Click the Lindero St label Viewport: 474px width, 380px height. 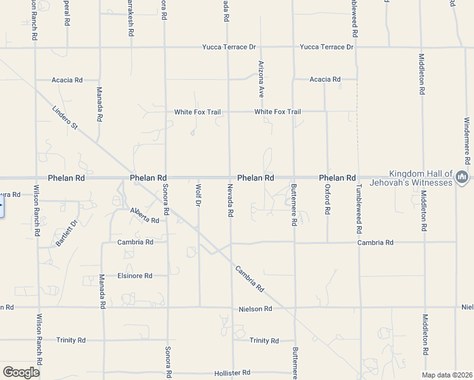[x=65, y=118]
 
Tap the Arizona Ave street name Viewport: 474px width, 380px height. [x=260, y=79]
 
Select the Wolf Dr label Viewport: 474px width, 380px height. [x=198, y=195]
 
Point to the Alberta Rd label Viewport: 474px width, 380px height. [x=144, y=215]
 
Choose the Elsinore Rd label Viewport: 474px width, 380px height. [x=135, y=275]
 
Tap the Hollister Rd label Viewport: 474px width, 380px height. [x=233, y=372]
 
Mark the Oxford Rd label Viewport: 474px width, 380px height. [x=328, y=199]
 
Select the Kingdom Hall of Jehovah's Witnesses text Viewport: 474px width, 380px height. [x=421, y=178]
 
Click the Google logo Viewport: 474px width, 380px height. [x=21, y=372]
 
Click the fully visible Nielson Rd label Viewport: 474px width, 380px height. [x=255, y=308]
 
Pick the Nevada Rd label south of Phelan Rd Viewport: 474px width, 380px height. [x=230, y=201]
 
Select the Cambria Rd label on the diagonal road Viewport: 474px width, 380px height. [x=249, y=277]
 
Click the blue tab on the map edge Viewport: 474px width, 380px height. [x=2, y=207]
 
